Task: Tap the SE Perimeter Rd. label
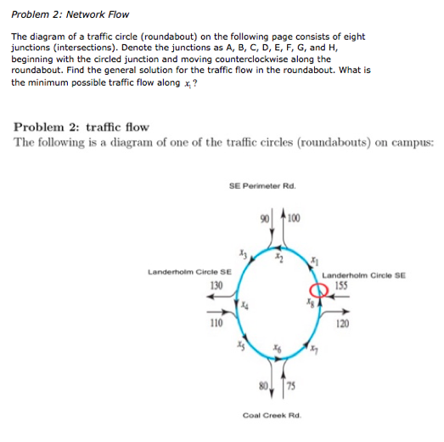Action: pyautogui.click(x=261, y=184)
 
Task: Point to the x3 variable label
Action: pyautogui.click(x=243, y=253)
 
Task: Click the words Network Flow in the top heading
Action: pyautogui.click(x=86, y=13)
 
